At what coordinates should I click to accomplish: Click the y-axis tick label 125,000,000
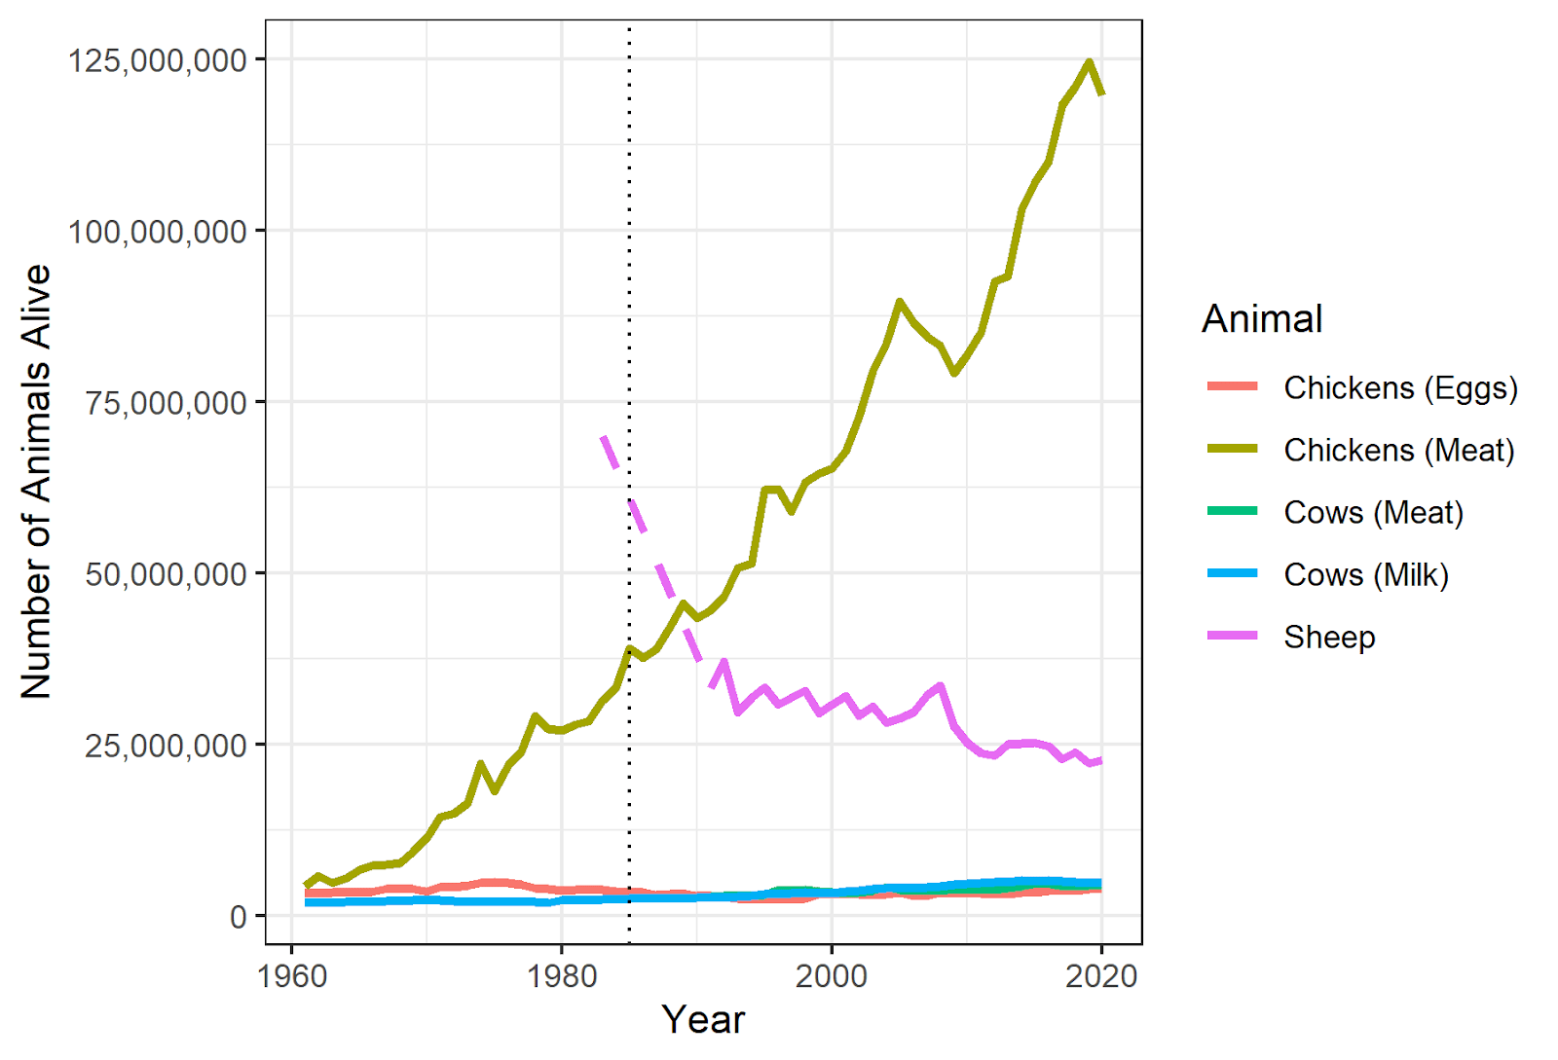pos(157,60)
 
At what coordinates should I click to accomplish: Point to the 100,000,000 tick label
pos(157,232)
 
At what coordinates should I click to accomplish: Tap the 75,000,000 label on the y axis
pos(166,403)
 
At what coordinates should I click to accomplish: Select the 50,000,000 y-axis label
pos(166,574)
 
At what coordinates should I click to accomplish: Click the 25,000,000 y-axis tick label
pos(166,746)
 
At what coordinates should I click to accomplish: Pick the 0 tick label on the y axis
pos(238,917)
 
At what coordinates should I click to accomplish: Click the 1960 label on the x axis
pos(292,975)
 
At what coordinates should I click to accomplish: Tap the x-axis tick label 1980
pos(562,975)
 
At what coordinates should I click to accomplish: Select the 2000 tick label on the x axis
pos(832,975)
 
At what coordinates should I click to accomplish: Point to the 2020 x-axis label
pos(1101,975)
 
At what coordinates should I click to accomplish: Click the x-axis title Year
pos(703,1020)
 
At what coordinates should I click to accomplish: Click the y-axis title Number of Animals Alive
pos(36,482)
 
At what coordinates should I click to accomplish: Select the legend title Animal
pos(1262,319)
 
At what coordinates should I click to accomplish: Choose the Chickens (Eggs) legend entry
pos(1400,387)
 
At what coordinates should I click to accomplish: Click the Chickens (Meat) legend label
pos(1398,450)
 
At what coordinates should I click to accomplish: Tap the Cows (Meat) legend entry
pos(1373,512)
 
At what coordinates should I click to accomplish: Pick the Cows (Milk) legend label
pos(1365,574)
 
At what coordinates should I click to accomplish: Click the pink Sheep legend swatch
pos(1232,637)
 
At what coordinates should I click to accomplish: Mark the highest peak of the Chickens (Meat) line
pos(1089,62)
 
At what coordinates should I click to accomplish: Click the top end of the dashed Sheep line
pos(604,437)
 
